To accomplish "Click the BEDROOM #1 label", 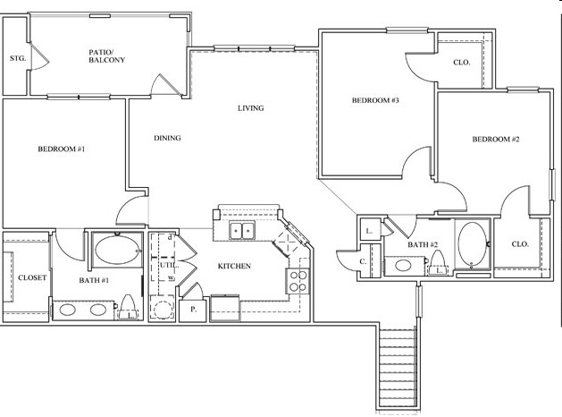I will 61,149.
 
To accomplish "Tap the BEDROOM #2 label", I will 496,140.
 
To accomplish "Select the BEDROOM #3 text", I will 373,101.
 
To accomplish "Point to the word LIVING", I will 250,109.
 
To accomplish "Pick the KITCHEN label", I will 234,267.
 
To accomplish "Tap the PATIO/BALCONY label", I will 107,55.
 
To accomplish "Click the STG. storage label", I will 16,59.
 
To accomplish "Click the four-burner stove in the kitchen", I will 298,281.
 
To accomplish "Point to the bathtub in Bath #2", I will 473,243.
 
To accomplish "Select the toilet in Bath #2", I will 439,264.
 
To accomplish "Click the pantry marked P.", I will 193,311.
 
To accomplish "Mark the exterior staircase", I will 398,367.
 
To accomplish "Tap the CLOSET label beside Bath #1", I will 32,277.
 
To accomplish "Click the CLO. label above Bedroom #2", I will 461,63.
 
